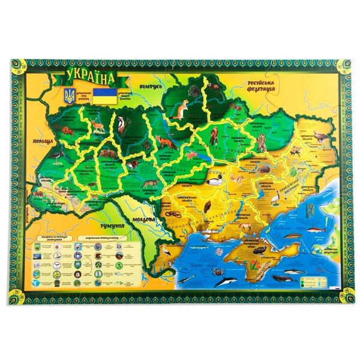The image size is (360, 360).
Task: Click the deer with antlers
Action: click(x=96, y=124)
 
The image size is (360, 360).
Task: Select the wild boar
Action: click(x=107, y=153)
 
